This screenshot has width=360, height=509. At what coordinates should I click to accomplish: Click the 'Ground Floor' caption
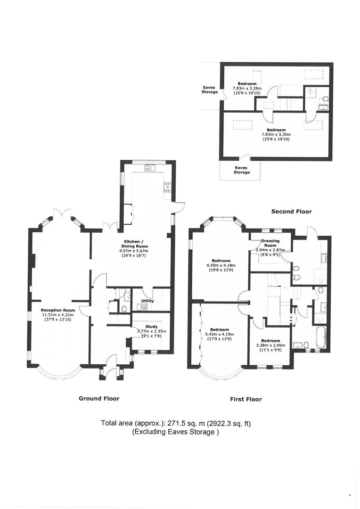click(99, 398)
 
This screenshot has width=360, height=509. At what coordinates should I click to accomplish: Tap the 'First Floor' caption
click(246, 399)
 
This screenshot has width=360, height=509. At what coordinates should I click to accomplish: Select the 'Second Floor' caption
click(291, 212)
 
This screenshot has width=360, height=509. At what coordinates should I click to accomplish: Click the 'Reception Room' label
click(58, 310)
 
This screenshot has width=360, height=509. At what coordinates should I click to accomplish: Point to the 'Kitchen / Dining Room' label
click(136, 244)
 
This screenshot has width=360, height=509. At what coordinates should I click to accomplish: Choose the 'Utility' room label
click(147, 301)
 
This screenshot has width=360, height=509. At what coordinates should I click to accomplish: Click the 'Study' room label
click(152, 327)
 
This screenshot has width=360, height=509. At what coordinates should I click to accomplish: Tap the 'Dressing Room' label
click(270, 243)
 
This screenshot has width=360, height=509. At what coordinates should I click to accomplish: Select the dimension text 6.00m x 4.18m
click(221, 265)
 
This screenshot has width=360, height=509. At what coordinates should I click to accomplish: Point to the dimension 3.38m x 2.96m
click(270, 345)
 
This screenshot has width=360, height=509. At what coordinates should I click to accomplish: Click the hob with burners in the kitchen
click(167, 187)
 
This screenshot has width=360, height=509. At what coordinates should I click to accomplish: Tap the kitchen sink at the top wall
click(150, 168)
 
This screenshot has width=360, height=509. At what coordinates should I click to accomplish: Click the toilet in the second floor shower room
click(326, 99)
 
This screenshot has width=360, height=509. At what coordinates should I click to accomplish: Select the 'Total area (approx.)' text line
click(176, 424)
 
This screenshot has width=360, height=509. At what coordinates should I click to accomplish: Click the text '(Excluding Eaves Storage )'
click(175, 432)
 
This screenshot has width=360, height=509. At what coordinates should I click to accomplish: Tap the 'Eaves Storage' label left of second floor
click(209, 90)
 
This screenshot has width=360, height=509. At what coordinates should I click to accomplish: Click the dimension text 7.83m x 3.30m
click(276, 134)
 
